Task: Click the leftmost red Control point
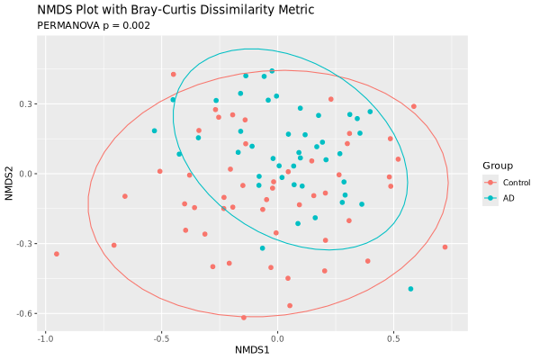point(56,254)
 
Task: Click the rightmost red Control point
point(445,247)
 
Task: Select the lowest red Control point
point(244,318)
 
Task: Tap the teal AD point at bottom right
point(410,289)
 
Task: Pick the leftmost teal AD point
point(154,130)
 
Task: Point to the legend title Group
point(497,166)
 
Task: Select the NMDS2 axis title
point(9,174)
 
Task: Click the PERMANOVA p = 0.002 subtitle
point(94,25)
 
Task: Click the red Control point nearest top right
point(413,106)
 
